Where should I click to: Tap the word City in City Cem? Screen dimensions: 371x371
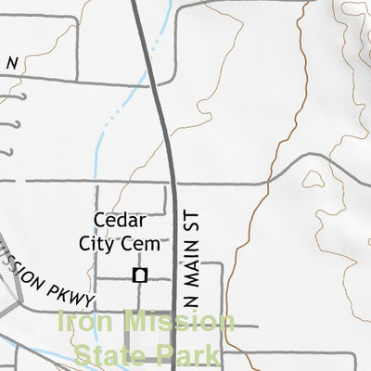point(108,244)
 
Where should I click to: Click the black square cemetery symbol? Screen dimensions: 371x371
point(140,275)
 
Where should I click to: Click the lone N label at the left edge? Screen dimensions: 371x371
point(12,63)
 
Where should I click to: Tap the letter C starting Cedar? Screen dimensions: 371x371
point(98,220)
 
